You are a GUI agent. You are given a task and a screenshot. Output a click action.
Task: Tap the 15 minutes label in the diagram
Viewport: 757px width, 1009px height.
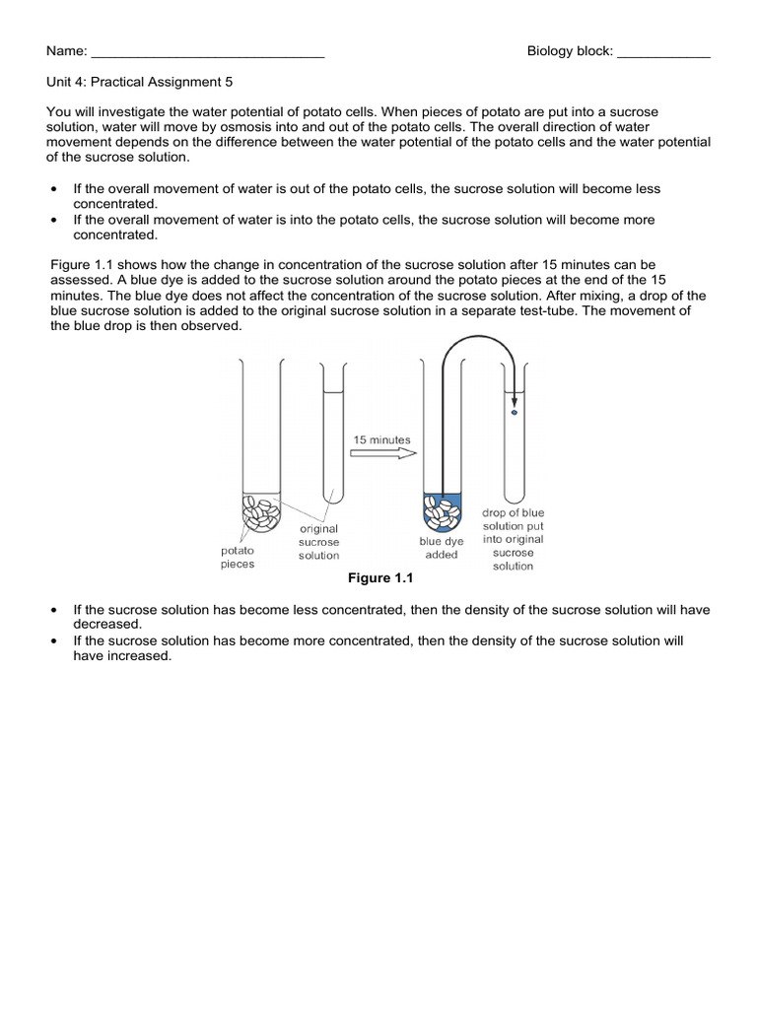(x=383, y=439)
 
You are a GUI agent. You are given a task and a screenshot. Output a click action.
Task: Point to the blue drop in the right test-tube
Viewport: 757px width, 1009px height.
(x=514, y=413)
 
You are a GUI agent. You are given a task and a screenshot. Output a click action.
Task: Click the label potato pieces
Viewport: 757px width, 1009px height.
(x=237, y=558)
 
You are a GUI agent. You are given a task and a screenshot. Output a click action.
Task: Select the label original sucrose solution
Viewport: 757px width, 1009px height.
(x=318, y=542)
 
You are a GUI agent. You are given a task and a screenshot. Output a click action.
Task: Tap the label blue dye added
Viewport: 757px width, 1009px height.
(x=441, y=548)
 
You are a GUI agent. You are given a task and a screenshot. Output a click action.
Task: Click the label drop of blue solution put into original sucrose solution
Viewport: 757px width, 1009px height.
(x=513, y=539)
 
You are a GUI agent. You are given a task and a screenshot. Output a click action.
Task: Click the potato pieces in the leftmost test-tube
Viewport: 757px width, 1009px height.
(x=261, y=509)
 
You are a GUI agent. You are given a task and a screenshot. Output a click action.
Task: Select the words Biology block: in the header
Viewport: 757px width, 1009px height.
(x=570, y=52)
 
